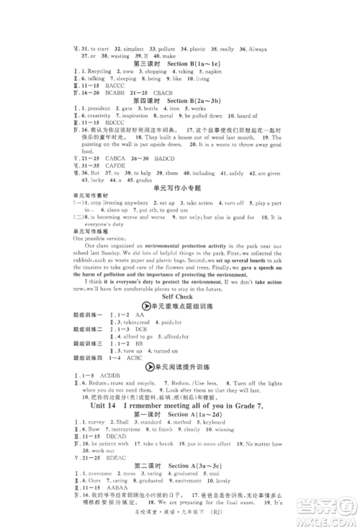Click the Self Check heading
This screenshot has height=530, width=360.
coord(179,295)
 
